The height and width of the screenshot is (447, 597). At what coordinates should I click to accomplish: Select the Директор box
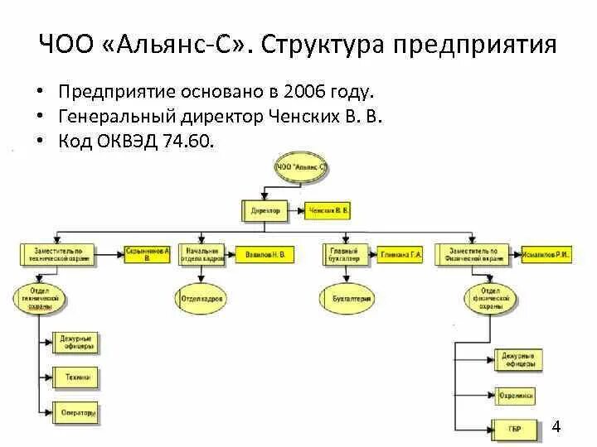click(x=265, y=211)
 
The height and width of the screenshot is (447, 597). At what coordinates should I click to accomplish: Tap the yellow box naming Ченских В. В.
click(x=328, y=211)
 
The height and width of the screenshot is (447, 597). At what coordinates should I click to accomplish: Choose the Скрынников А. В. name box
click(x=148, y=254)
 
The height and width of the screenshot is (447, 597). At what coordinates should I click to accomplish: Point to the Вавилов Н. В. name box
click(x=265, y=255)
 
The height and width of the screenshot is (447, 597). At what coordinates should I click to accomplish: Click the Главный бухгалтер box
click(x=343, y=254)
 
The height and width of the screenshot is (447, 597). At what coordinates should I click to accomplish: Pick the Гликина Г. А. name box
click(x=401, y=255)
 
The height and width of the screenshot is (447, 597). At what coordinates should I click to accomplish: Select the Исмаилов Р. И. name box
click(x=547, y=255)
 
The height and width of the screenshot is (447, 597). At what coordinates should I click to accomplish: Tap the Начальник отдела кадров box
click(x=202, y=254)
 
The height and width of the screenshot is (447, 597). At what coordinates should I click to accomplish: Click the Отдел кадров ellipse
click(x=202, y=298)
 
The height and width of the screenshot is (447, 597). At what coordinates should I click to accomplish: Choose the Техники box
click(x=77, y=377)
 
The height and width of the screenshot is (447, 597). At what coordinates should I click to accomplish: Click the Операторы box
click(x=77, y=411)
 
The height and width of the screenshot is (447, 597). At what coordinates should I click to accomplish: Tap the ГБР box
click(x=514, y=429)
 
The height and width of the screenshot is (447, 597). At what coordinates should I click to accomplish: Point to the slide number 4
click(x=556, y=427)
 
